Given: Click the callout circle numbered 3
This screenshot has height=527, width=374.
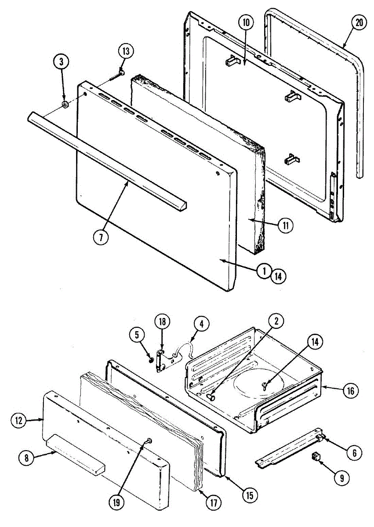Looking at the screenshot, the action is point(62,62).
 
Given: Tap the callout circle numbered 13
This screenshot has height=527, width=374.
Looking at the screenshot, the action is point(126,51).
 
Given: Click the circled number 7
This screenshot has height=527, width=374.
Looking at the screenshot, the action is point(101,237).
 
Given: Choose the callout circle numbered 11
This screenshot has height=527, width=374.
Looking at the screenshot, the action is point(285,226).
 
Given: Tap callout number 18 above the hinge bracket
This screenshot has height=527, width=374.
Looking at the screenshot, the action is point(163,322).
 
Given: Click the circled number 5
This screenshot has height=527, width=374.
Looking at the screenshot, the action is point(137,335).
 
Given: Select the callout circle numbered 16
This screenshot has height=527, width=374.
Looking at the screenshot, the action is point(351,391).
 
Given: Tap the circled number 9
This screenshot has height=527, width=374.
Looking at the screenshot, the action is point(341,477).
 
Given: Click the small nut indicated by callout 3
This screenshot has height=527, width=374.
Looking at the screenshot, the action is point(65,105).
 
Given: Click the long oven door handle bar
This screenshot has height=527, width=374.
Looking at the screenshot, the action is point(107,158).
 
